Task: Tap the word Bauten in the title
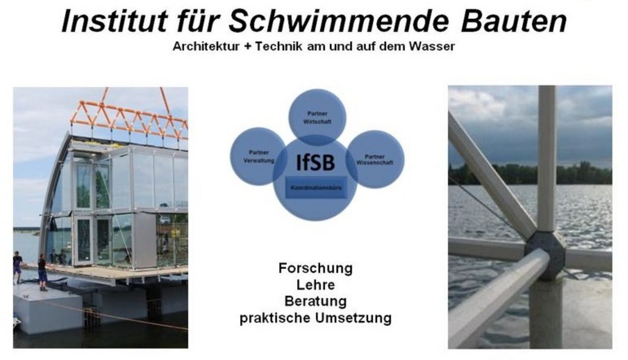(513, 21)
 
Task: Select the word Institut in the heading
(115, 21)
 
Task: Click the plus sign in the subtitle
(247, 47)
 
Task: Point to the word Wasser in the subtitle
(431, 47)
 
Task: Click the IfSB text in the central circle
(316, 163)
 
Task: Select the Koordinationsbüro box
(316, 187)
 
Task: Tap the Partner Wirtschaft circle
(317, 118)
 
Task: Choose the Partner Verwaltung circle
(258, 156)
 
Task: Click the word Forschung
(316, 268)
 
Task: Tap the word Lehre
(316, 285)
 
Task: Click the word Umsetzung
(353, 318)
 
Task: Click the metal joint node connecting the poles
(545, 255)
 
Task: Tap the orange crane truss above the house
(129, 118)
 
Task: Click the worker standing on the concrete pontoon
(42, 272)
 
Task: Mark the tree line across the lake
(530, 174)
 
